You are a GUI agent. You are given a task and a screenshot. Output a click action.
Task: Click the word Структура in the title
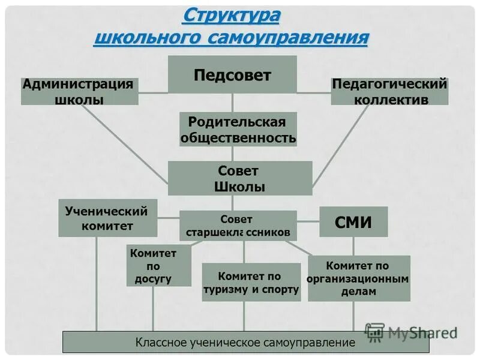pos(231,14)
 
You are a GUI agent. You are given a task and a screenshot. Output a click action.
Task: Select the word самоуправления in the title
pos(287,38)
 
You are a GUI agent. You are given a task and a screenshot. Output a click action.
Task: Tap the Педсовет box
pos(232,75)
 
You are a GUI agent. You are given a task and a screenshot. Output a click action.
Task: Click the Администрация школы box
pos(79,91)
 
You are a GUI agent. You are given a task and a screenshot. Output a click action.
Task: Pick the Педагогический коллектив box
pos(390,91)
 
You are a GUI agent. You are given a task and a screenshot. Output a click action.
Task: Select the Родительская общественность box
pos(238,130)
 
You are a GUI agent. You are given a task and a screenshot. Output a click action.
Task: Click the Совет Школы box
pos(240,178)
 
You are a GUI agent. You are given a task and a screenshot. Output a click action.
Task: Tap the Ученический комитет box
pos(107,218)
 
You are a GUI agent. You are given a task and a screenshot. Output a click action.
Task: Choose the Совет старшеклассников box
pos(238,226)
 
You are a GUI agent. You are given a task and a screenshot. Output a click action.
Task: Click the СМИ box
pos(353,222)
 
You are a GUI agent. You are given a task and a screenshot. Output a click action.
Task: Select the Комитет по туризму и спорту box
pos(251,282)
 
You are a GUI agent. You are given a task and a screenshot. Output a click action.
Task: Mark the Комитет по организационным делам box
pos(359,278)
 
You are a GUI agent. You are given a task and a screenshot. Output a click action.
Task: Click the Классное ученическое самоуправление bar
pos(245,343)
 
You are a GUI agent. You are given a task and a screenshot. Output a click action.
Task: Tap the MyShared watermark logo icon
pos(374,332)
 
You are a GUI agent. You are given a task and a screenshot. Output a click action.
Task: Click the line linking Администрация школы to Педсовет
pos(153,92)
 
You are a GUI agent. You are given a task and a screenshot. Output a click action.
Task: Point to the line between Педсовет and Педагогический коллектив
pos(314,92)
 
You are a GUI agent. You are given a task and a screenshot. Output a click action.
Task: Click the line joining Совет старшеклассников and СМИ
pos(308,221)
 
